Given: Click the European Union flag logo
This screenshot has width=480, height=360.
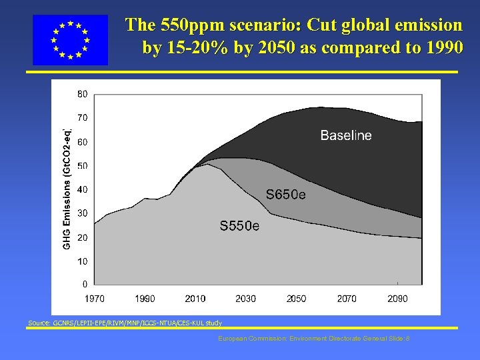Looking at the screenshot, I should click(70, 40).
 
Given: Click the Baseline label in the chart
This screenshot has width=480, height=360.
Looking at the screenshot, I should click(346, 135).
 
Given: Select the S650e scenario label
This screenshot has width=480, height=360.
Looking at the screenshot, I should click(286, 195).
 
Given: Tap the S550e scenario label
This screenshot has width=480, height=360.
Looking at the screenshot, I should click(239, 227).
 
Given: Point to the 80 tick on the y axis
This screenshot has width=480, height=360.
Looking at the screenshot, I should click(81, 94).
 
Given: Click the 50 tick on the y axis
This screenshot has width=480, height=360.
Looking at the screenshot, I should click(81, 165).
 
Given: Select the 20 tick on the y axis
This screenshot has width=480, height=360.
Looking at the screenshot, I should click(81, 237).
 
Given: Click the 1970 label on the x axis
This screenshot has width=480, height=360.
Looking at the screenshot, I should click(95, 299).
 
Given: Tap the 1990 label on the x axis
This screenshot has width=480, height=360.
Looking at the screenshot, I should click(145, 299).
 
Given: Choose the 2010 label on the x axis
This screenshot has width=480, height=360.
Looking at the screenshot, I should click(195, 299).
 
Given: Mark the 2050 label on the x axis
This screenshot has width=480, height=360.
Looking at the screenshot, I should click(296, 299).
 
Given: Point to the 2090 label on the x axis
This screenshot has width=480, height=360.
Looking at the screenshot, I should click(397, 299).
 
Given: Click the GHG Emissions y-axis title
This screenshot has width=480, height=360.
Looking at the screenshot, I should click(67, 189).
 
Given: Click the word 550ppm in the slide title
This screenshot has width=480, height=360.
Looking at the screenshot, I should click(193, 26).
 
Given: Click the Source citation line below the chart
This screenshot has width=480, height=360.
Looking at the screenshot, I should click(125, 323).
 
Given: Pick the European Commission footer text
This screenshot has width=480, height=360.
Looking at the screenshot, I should click(313, 339).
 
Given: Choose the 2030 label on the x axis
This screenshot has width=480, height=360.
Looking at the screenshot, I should click(245, 299).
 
